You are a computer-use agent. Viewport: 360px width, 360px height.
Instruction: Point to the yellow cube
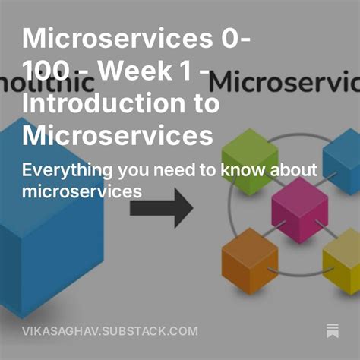343,261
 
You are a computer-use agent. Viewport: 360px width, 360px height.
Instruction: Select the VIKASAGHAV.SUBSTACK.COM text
110,331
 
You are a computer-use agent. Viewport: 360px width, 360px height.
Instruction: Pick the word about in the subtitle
292,169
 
